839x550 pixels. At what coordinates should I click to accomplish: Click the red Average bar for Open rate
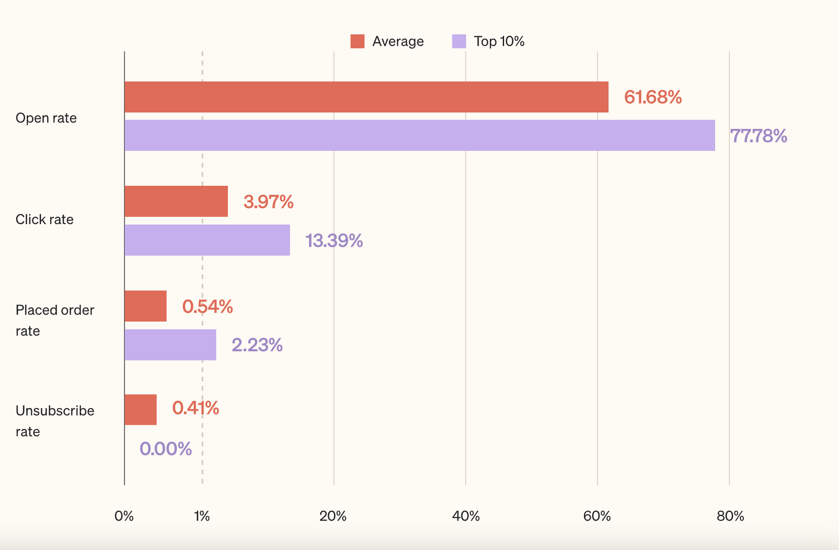(x=366, y=97)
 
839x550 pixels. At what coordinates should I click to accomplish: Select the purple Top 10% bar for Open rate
(x=419, y=135)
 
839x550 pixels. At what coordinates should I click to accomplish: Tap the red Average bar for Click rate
(x=176, y=201)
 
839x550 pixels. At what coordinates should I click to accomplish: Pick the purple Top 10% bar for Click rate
(x=207, y=240)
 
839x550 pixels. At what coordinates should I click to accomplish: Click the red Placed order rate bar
(x=145, y=306)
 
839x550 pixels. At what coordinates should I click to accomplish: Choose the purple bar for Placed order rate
(x=170, y=345)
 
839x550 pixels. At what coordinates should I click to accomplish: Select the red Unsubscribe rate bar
(x=141, y=409)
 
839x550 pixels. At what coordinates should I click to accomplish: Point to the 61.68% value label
(x=653, y=97)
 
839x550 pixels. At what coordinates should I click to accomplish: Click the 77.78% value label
(x=758, y=136)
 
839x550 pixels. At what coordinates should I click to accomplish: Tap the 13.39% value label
(x=334, y=241)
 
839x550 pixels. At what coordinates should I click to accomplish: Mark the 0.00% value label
(x=166, y=449)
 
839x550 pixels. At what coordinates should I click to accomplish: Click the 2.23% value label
(x=257, y=345)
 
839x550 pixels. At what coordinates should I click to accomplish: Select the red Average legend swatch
(x=357, y=41)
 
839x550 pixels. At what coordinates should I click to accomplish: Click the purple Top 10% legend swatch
(x=459, y=41)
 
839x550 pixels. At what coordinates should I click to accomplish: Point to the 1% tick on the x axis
(x=202, y=516)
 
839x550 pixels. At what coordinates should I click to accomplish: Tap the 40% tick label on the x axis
(x=466, y=516)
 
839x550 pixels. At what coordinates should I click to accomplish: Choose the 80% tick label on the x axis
(x=730, y=516)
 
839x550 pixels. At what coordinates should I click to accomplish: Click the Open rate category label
(x=46, y=118)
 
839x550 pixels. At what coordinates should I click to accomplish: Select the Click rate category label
(x=44, y=219)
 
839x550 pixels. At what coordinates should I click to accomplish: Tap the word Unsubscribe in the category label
(x=55, y=411)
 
